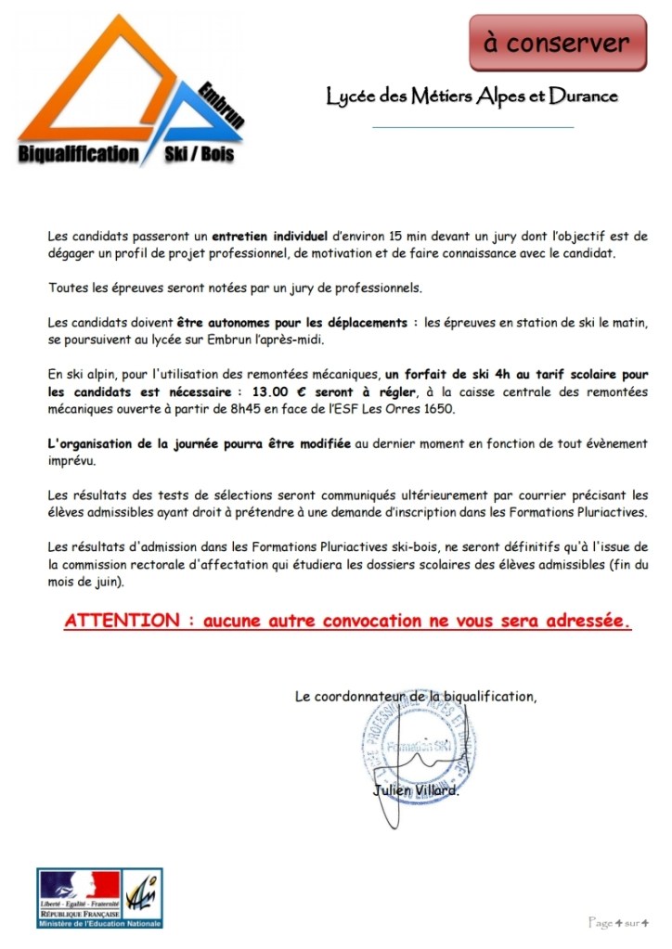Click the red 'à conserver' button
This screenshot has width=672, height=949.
tap(570, 43)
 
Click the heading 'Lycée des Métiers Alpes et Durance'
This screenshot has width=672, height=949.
tap(472, 96)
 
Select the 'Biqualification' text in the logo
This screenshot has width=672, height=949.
tap(78, 154)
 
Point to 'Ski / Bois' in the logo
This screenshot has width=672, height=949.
tap(199, 154)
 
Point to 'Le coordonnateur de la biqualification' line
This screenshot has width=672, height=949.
tap(415, 695)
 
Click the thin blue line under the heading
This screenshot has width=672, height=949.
tap(472, 126)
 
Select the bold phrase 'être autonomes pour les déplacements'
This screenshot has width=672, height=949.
tap(292, 322)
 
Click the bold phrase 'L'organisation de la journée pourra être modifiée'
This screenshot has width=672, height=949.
tap(200, 443)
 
